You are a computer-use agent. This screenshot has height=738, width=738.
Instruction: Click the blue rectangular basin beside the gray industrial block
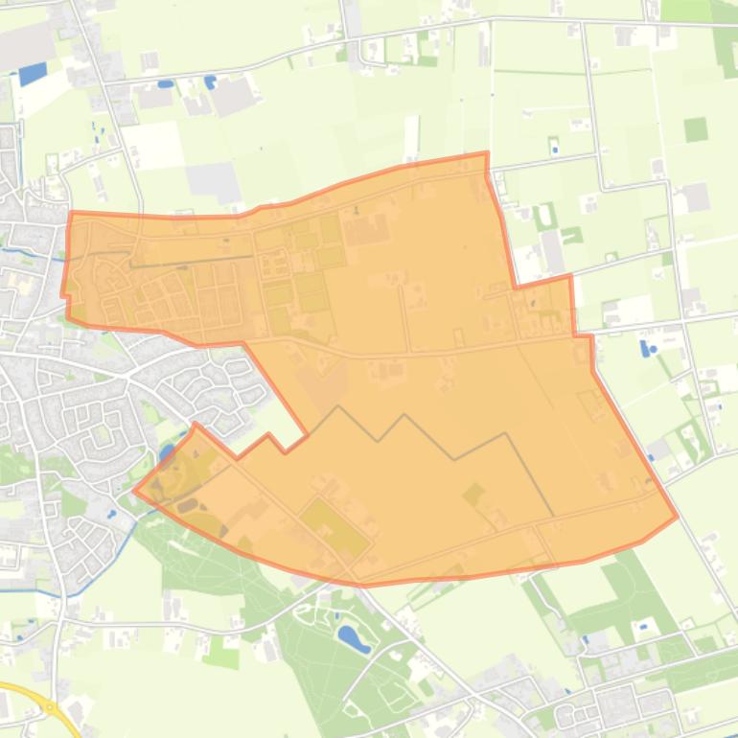click(x=32, y=73)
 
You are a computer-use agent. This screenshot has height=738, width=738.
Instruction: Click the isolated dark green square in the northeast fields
click(x=696, y=129)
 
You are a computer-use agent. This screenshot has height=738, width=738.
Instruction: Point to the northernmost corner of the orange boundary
click(x=486, y=153)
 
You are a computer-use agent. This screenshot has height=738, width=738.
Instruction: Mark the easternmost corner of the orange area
click(x=677, y=517)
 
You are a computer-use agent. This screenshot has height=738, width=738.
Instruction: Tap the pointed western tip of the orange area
click(x=135, y=491)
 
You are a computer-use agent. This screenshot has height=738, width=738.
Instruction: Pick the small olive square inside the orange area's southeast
click(x=473, y=495)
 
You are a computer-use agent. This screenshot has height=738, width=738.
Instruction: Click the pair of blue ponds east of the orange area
click(x=646, y=347)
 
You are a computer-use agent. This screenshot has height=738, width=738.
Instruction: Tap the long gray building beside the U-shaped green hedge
click(x=554, y=250)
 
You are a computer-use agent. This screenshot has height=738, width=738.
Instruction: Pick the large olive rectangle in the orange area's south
click(x=334, y=527)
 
